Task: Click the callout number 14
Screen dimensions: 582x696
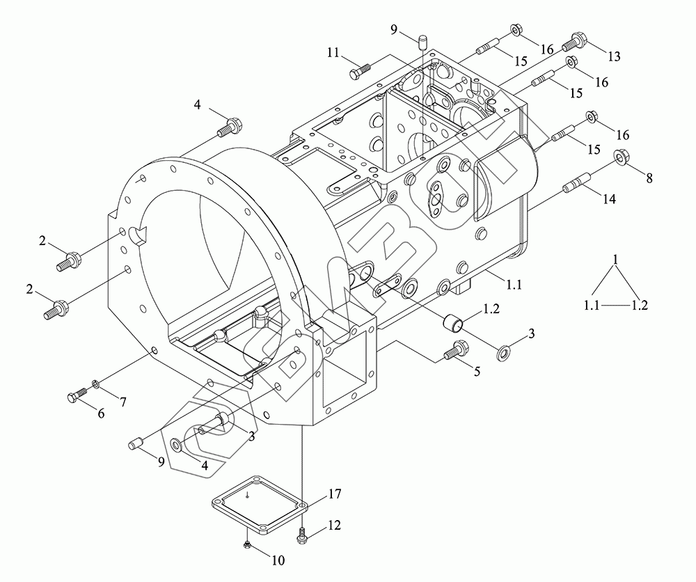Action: click(x=608, y=199)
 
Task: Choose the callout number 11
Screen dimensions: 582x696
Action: click(x=333, y=53)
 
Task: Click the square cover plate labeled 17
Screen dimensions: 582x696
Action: click(x=257, y=505)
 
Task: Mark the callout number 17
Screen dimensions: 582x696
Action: click(x=334, y=495)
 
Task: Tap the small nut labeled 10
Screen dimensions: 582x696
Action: click(x=248, y=542)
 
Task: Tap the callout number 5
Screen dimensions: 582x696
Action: click(x=477, y=371)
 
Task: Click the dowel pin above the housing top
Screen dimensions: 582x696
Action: click(x=422, y=42)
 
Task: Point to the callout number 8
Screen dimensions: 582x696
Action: click(x=649, y=178)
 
